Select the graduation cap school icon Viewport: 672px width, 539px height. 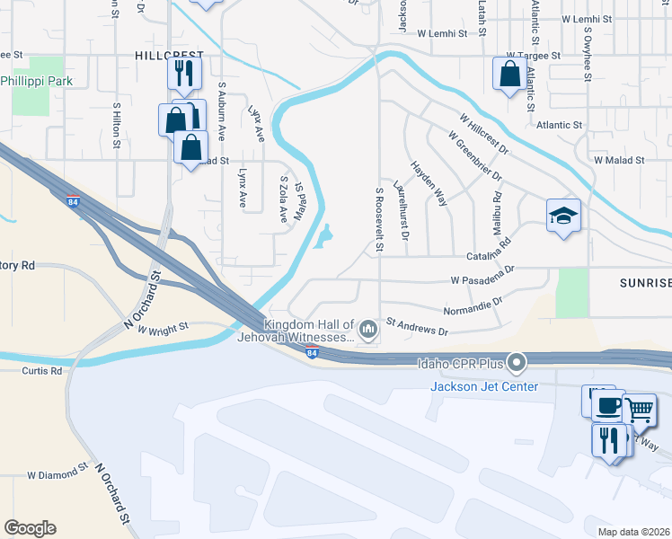point(563,216)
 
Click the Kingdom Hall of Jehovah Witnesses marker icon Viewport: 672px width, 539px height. point(367,331)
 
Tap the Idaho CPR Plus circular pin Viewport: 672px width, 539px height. point(517,364)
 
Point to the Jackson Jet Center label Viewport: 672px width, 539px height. point(484,386)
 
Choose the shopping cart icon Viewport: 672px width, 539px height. point(639,410)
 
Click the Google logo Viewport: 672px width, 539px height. point(30,528)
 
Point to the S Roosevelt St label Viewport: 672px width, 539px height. point(379,220)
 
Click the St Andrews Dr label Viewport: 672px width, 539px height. point(417,326)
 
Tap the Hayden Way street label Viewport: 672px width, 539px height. point(429,184)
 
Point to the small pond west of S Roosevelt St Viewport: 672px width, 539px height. point(323,236)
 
